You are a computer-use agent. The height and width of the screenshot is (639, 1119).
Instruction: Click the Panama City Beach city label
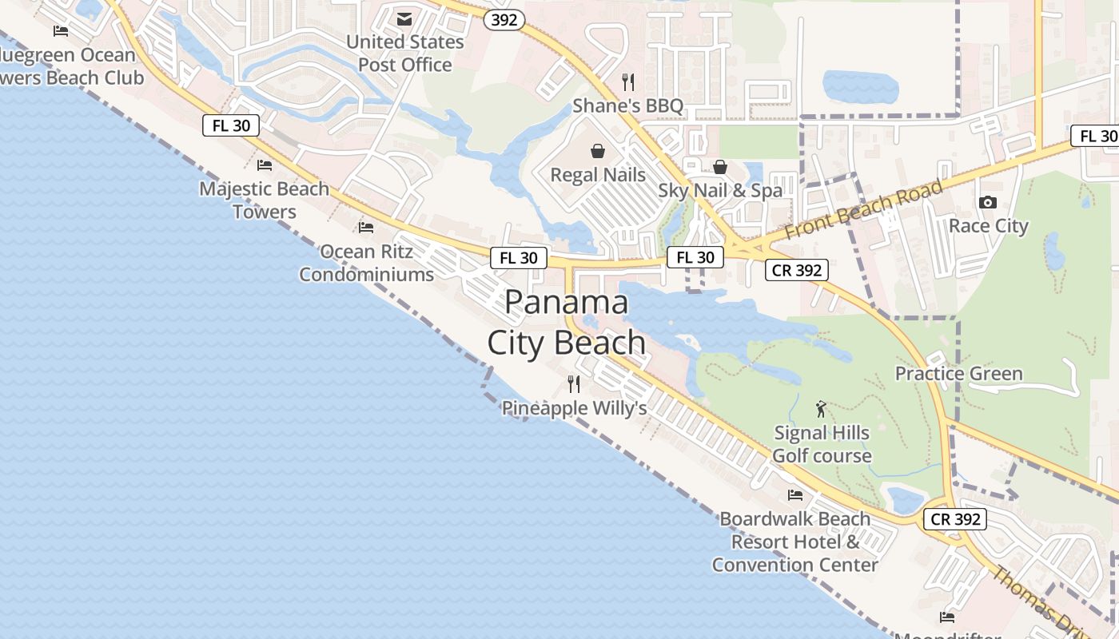coord(567,322)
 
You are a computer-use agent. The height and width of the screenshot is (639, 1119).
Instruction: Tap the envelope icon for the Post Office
coord(404,18)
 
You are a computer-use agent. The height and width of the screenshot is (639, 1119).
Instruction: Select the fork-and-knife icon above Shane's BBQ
coord(628,82)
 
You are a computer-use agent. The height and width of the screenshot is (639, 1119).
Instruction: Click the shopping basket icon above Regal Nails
coord(598,151)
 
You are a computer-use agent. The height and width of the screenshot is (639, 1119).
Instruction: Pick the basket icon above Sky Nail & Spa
coord(720,167)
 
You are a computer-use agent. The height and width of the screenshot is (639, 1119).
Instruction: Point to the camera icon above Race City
coord(988,203)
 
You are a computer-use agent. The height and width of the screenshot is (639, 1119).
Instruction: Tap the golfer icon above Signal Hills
coord(821,410)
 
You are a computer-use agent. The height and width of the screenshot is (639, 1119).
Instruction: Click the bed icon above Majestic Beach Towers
coord(265,165)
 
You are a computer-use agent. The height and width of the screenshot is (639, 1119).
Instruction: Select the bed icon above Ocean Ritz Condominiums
coord(366,228)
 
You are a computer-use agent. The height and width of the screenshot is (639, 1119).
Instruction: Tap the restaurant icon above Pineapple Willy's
coord(574,384)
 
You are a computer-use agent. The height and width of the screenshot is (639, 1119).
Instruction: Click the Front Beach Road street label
coord(864,210)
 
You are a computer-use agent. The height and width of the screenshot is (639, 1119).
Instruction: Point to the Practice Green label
coord(958,374)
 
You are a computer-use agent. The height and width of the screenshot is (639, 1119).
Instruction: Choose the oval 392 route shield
coord(504,20)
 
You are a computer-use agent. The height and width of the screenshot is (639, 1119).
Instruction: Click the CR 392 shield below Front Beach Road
coord(797,270)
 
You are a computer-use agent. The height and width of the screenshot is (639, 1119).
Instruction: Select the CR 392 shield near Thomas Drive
coord(955,519)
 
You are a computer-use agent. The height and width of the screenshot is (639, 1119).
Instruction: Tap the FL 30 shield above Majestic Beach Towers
coord(231,125)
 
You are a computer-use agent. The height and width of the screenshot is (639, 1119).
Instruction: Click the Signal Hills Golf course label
coord(822,444)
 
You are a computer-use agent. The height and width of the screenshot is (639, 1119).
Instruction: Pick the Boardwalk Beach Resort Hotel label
coord(795,542)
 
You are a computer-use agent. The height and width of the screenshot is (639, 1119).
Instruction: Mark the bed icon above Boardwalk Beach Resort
coord(795,495)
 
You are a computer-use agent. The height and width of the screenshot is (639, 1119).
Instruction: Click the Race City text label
coord(988,226)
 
